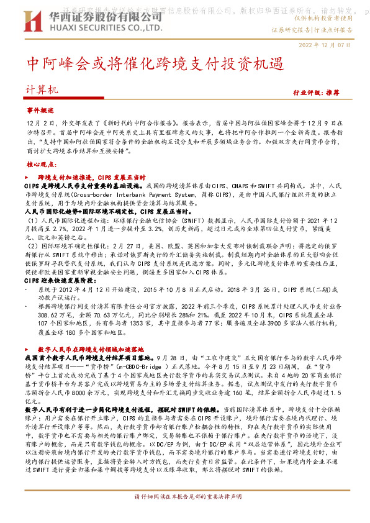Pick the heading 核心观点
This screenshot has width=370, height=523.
coord(41,165)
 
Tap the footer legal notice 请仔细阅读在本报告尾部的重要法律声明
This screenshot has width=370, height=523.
coord(185,514)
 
